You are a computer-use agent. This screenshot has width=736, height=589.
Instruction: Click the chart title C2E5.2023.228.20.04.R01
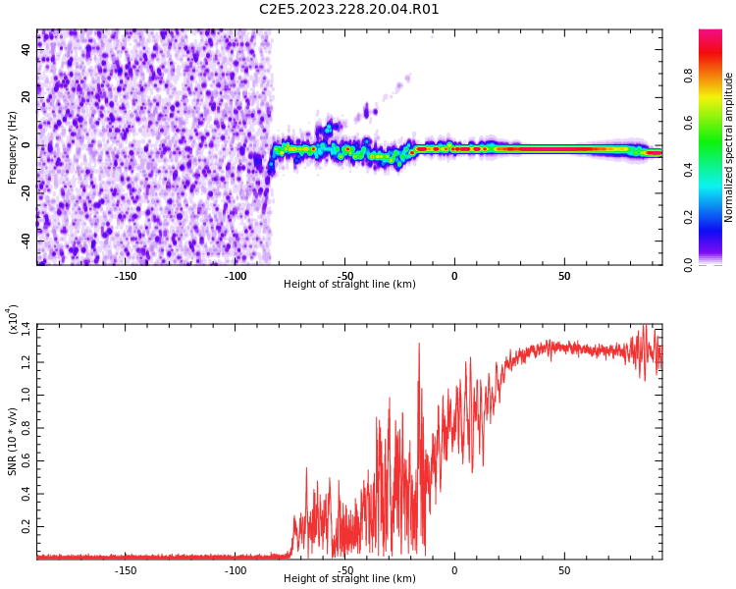[x=349, y=10]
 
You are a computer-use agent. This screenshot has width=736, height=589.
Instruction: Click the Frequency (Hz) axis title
[x=13, y=147]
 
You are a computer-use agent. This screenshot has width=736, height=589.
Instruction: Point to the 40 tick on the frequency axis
[x=26, y=50]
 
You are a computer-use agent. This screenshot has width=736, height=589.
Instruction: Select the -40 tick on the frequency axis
[x=25, y=241]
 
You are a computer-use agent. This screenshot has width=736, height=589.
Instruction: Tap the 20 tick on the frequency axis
[x=26, y=97]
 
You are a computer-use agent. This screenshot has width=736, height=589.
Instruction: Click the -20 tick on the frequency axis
[x=25, y=192]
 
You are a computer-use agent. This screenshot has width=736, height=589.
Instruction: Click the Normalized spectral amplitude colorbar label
[x=729, y=147]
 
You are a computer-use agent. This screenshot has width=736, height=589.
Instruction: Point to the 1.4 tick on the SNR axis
[x=26, y=326]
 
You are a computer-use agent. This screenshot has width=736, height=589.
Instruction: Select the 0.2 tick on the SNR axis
[x=26, y=527]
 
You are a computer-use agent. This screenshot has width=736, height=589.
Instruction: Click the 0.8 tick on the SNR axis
[x=26, y=426]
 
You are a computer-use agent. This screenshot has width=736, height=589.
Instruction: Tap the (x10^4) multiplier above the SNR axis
[x=13, y=320]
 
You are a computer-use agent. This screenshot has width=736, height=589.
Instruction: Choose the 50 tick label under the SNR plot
[x=564, y=570]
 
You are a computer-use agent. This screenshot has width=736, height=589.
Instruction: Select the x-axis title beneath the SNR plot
[x=349, y=579]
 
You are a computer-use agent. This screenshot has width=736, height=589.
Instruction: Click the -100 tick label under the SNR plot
[x=236, y=570]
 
